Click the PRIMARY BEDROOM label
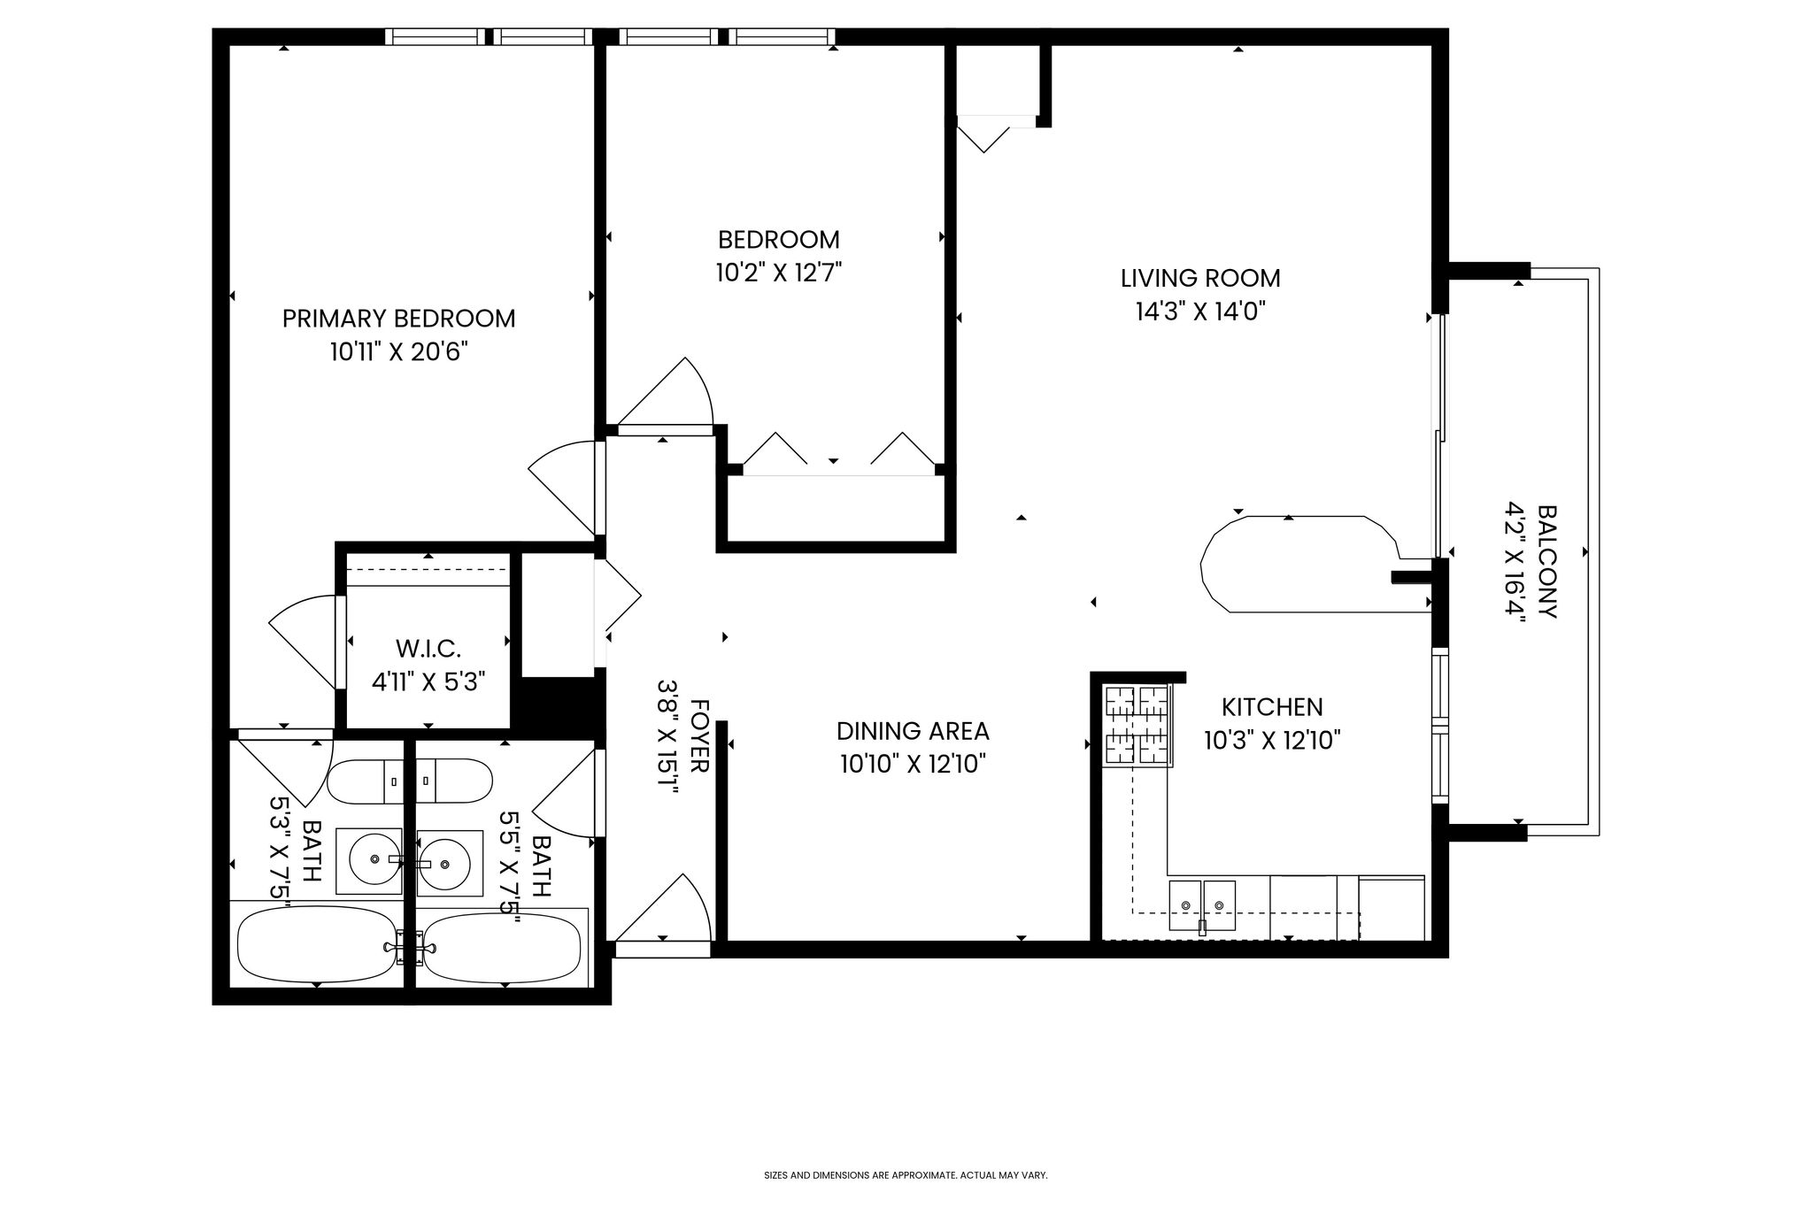[398, 319]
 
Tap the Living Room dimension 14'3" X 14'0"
[1200, 312]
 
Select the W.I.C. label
[428, 649]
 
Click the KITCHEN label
[1272, 707]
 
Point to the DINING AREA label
[913, 731]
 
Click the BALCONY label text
[1547, 562]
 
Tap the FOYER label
[699, 736]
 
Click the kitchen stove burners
[1137, 725]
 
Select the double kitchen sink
[1202, 905]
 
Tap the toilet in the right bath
[454, 782]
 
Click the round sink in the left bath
[374, 858]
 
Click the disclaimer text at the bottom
[906, 1175]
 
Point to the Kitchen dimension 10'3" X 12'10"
[1272, 740]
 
